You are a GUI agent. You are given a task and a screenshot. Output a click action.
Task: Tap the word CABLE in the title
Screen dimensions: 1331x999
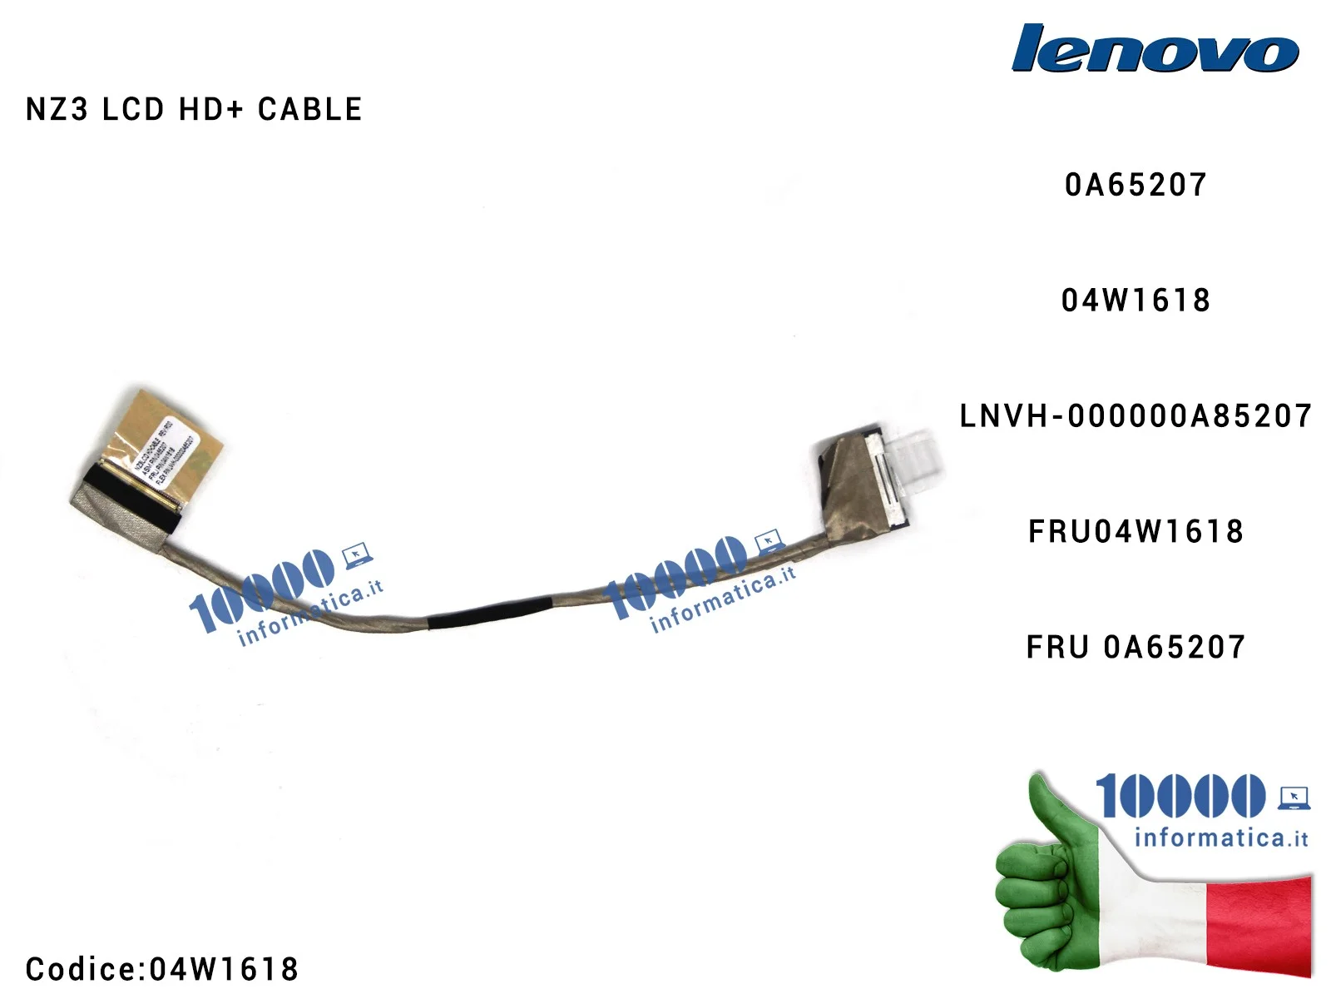click(309, 110)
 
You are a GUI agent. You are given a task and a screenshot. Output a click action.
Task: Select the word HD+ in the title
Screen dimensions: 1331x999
click(210, 110)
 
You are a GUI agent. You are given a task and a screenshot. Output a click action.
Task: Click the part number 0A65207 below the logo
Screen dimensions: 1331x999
click(1136, 185)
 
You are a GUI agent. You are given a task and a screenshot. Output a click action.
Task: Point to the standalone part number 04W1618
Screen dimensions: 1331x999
click(1136, 301)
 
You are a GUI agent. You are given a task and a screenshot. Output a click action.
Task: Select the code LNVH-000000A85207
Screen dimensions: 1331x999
click(1136, 416)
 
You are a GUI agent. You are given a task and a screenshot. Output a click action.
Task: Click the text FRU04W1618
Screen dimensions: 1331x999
click(1136, 531)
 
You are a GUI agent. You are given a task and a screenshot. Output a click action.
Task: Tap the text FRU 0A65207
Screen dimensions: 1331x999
click(1136, 647)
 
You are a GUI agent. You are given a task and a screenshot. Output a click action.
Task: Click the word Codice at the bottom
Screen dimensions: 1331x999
click(81, 969)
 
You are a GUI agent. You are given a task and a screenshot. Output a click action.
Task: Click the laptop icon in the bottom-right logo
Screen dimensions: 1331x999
click(1294, 798)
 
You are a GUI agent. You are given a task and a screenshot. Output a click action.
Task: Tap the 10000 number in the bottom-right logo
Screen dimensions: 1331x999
click(1180, 796)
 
